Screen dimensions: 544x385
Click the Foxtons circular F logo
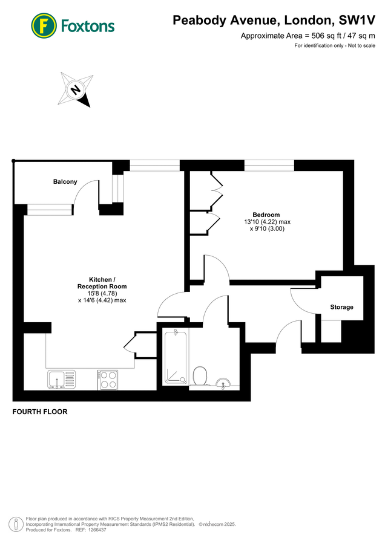[x=43, y=25]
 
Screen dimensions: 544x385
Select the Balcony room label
[x=65, y=182]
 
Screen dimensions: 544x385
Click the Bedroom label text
[x=266, y=215]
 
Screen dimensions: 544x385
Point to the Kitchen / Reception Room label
[x=102, y=283]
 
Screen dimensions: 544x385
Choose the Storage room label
[x=341, y=307]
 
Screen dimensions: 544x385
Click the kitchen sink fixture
[x=61, y=380]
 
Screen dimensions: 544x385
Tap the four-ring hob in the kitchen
[x=108, y=380]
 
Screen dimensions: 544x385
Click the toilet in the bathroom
[x=200, y=377]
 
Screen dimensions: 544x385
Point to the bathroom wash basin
[x=223, y=383]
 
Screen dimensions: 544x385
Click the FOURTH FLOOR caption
[x=40, y=412]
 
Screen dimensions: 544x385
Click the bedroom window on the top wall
[x=269, y=164]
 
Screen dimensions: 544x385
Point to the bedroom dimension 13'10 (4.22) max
[x=266, y=222]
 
